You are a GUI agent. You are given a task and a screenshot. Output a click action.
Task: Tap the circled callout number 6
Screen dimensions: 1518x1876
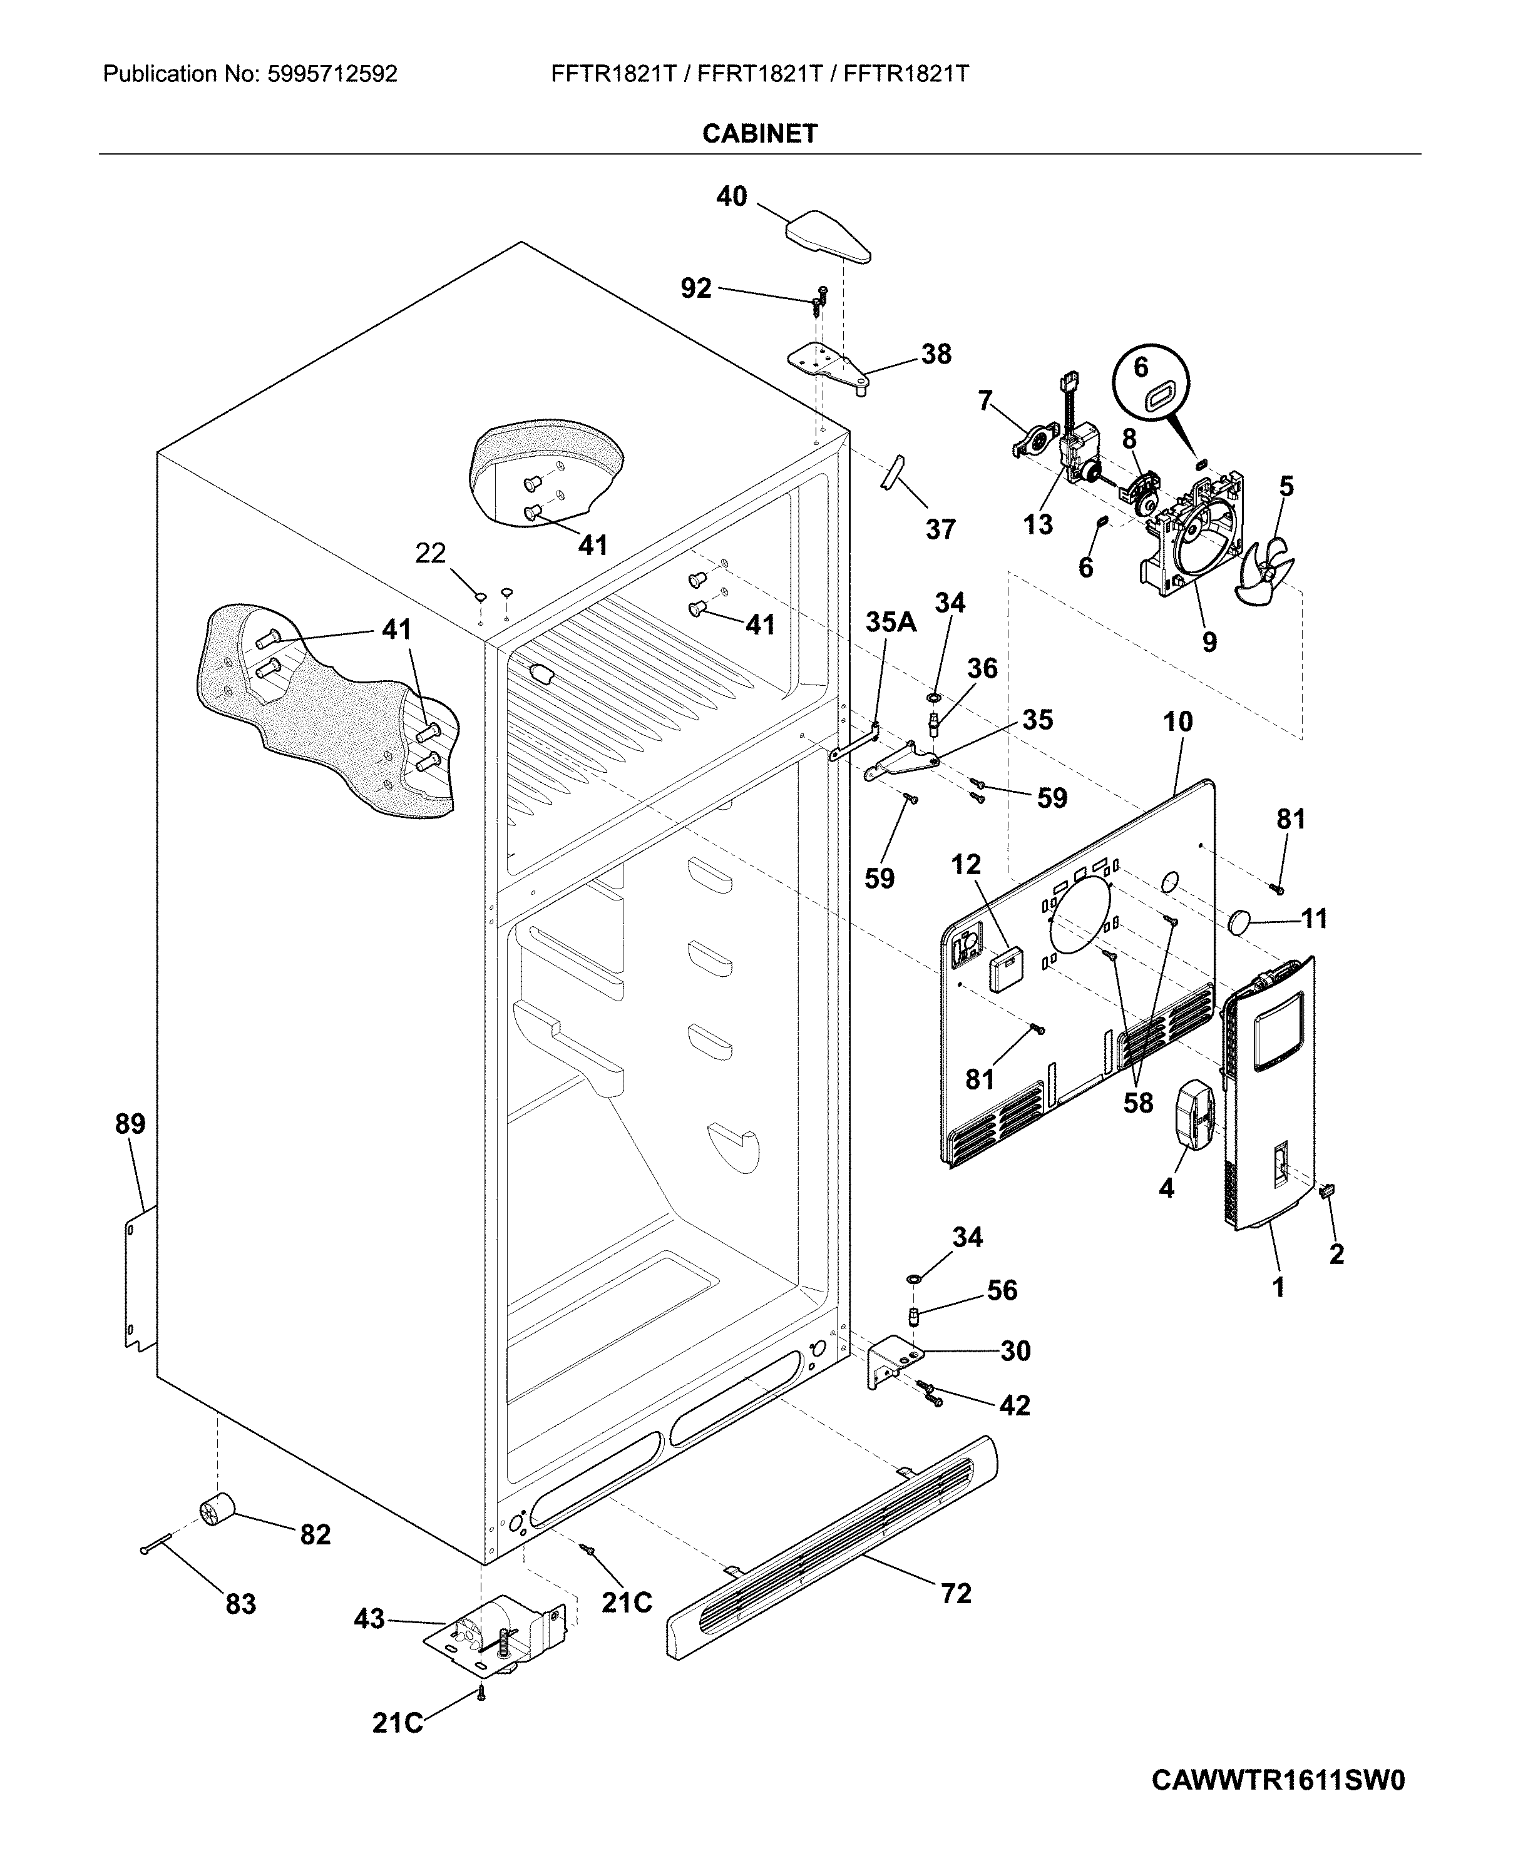(1141, 367)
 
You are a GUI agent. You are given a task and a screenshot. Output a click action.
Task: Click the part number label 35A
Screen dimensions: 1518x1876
(891, 623)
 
